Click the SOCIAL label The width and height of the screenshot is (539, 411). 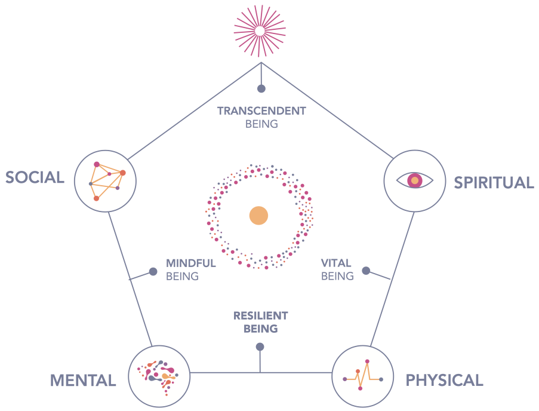[x=35, y=177]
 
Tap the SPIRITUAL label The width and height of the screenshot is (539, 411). [x=494, y=182]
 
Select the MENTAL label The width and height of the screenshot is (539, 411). [x=82, y=380]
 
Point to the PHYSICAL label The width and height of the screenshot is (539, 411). [x=444, y=380]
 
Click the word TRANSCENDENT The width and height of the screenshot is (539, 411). [x=261, y=111]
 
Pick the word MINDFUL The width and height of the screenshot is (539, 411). [x=191, y=263]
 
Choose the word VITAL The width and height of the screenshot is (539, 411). [x=336, y=263]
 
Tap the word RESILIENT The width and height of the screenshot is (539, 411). [x=261, y=315]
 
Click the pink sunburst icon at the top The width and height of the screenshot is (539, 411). [x=260, y=30]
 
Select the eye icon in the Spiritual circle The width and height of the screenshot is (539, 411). [x=414, y=180]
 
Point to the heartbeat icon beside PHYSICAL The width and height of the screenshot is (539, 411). [x=362, y=375]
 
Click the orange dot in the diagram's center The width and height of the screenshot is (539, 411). [x=259, y=216]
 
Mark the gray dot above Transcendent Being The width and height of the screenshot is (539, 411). [x=261, y=88]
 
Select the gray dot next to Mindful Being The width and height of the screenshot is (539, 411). [x=153, y=271]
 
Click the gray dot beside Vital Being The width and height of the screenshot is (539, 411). [x=366, y=271]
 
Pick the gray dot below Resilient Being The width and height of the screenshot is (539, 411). [x=260, y=346]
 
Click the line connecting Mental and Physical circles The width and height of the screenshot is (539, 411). [x=227, y=373]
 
